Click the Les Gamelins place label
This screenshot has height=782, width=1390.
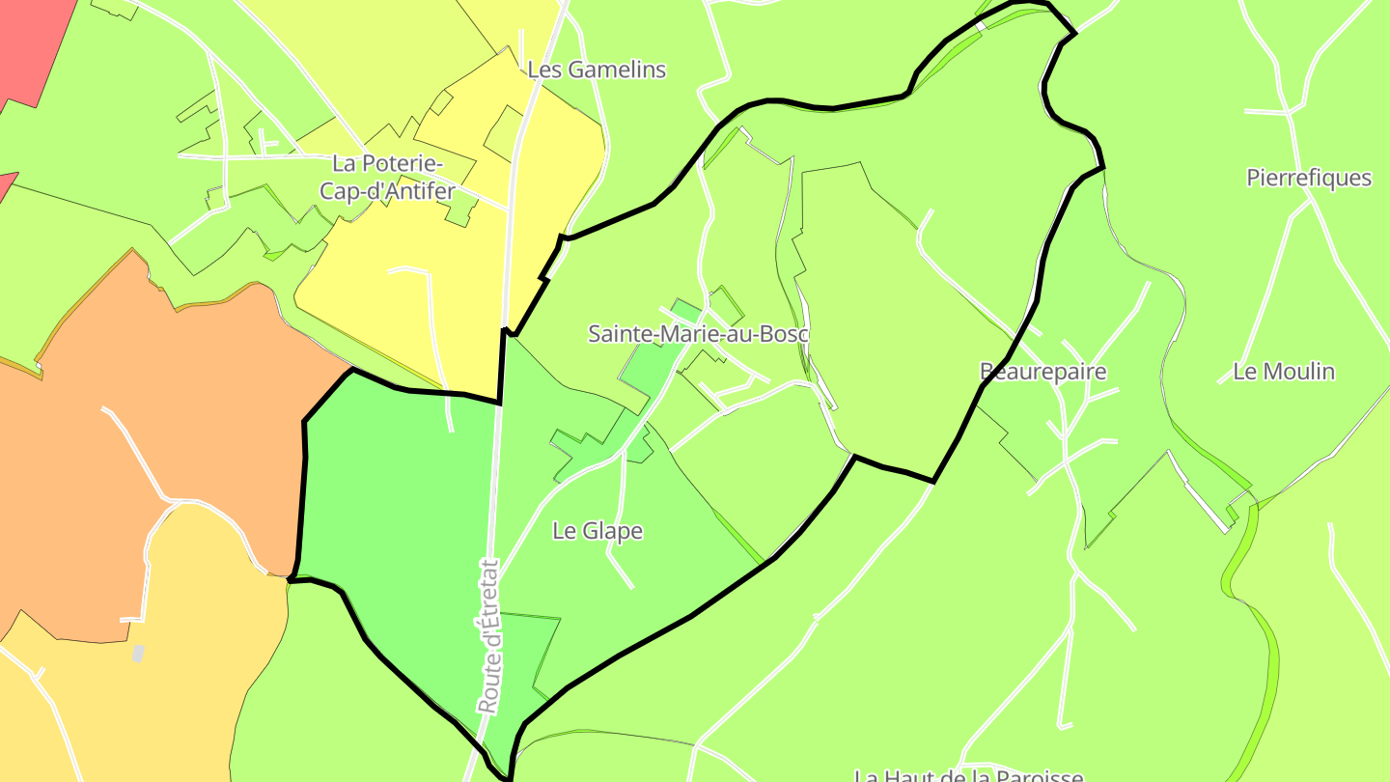pos(597,70)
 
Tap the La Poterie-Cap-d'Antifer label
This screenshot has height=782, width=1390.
pos(386,178)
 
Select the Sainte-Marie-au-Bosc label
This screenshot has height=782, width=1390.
pos(698,334)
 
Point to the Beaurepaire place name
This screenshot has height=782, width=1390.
pos(1042,372)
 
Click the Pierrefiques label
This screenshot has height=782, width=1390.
pos(1309,178)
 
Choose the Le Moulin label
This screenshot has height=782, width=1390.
pos(1284,372)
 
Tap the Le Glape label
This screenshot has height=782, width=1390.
pos(598,530)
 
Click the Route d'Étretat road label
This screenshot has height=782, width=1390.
pos(490,637)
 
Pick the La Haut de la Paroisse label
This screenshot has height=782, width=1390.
pos(968,775)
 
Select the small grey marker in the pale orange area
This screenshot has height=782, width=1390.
pos(138,654)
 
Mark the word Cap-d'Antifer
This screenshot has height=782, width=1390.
pos(386,191)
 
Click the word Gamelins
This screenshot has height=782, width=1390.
pos(617,70)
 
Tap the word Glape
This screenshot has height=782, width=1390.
pos(611,530)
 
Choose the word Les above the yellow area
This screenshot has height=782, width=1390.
pos(543,70)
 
